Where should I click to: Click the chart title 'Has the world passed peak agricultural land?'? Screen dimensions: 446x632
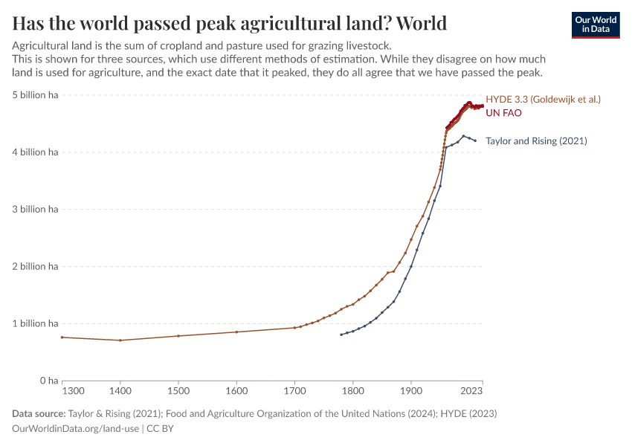point(229,23)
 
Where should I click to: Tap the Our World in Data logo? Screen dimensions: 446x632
point(595,25)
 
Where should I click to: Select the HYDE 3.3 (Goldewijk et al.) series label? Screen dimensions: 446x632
point(543,99)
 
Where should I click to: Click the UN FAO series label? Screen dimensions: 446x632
point(503,113)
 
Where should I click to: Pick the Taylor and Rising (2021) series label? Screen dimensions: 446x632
point(536,140)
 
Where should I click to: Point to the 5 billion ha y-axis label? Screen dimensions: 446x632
point(34,95)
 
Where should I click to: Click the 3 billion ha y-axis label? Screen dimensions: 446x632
point(34,210)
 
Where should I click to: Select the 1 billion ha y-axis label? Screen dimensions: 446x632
point(34,323)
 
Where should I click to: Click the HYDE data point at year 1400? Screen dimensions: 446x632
point(120,340)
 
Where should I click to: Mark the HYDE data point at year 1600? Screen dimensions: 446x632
point(236,332)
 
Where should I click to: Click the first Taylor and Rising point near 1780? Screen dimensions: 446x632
point(341,334)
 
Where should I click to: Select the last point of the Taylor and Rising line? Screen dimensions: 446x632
point(475,140)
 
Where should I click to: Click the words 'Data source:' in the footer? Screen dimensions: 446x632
point(38,413)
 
